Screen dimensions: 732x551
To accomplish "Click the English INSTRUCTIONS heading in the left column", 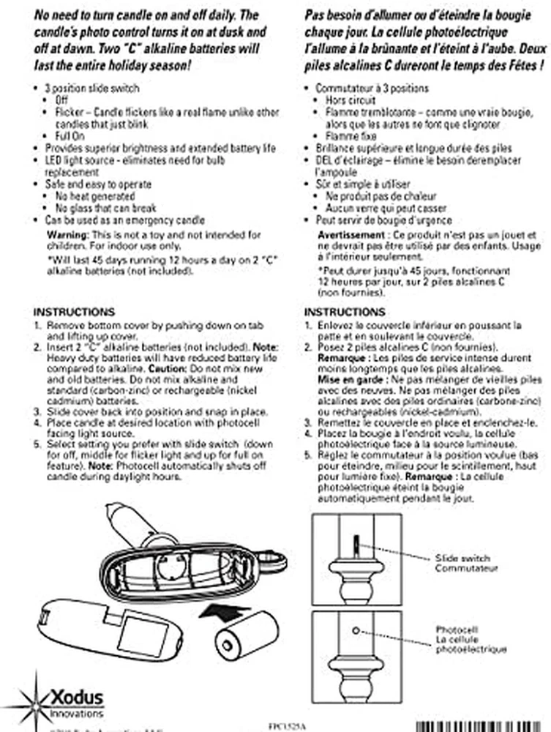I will click(74, 311).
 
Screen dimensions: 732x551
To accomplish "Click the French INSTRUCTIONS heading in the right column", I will click(345, 312).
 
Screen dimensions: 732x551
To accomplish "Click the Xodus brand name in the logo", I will click(76, 697).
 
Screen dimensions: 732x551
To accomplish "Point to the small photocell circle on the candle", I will click(355, 629).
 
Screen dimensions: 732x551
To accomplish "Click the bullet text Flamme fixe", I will click(352, 137).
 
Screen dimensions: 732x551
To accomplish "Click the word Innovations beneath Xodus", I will click(76, 712).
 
